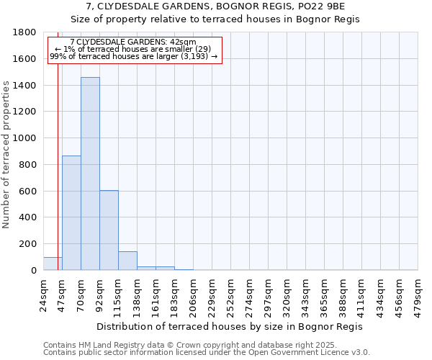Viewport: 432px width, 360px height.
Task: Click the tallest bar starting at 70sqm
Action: click(90, 173)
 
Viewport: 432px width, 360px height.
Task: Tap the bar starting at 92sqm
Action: click(109, 230)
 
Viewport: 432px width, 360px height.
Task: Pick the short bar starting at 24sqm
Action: click(53, 264)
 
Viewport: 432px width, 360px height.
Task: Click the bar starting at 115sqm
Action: click(127, 261)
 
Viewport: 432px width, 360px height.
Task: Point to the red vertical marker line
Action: click(58, 158)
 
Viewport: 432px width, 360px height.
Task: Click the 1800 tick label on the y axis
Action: click(25, 32)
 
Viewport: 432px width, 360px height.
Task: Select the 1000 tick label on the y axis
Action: click(25, 138)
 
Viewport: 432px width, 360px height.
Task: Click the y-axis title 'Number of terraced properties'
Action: click(6, 155)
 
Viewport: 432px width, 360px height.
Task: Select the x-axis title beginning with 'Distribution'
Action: click(230, 326)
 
